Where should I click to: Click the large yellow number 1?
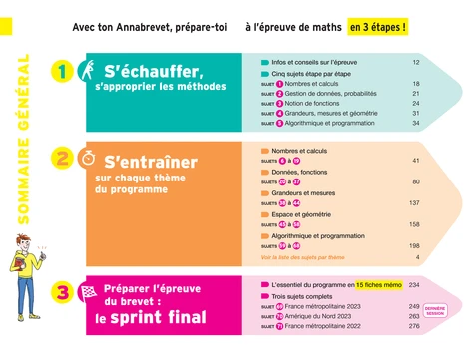[62, 72]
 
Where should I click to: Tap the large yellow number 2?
[62, 158]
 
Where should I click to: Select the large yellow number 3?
[62, 293]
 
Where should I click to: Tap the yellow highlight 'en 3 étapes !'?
[378, 29]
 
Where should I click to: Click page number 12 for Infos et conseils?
[415, 63]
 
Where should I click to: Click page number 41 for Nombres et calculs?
[415, 160]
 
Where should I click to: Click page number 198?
[413, 245]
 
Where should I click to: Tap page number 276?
[413, 326]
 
